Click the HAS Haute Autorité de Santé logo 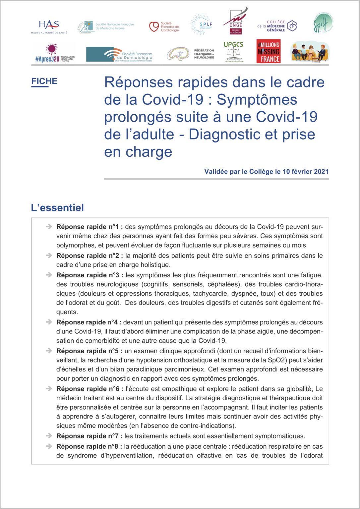(x=49, y=27)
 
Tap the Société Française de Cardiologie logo (x=164, y=27)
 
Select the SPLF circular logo (x=201, y=25)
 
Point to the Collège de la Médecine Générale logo (x=277, y=26)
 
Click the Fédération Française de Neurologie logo (x=191, y=54)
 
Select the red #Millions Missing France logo (x=268, y=51)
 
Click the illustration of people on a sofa (x=310, y=52)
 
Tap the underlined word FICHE (x=44, y=82)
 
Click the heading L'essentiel (x=57, y=208)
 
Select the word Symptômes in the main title (x=257, y=100)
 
